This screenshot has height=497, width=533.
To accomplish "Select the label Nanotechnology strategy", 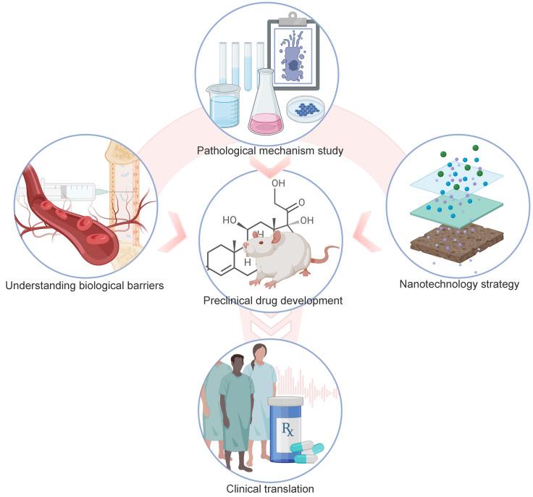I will pyautogui.click(x=459, y=284).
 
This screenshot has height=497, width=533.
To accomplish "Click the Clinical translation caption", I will pyautogui.click(x=270, y=489).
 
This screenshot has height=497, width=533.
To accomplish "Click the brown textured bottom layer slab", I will pyautogui.click(x=456, y=242).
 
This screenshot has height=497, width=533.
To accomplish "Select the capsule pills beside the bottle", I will pyautogui.click(x=308, y=452).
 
